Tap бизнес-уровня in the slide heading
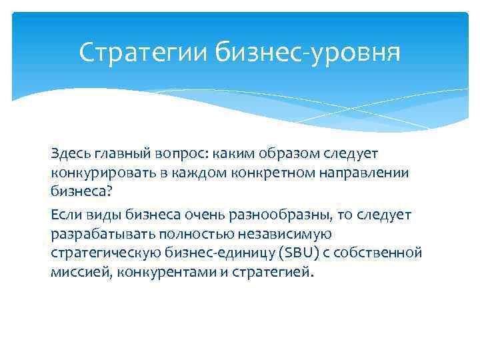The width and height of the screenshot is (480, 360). (309, 53)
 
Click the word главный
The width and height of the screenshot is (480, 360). (123, 153)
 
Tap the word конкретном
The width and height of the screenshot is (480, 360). (264, 173)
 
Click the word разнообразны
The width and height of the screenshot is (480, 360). (277, 215)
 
